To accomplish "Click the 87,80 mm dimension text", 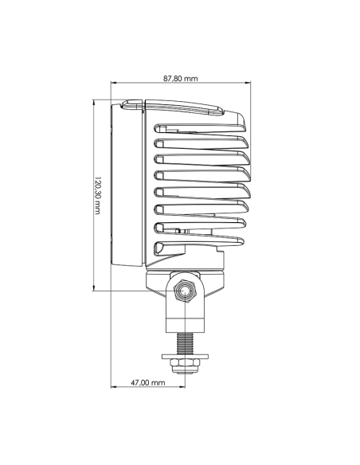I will pyautogui.click(x=181, y=79).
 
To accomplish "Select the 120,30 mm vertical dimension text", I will pyautogui.click(x=96, y=195).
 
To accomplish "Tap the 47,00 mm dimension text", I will pyautogui.click(x=147, y=383).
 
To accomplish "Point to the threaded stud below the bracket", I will pyautogui.click(x=186, y=342).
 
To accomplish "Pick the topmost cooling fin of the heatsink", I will pyautogui.click(x=199, y=128).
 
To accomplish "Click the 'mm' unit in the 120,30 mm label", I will pyautogui.click(x=96, y=209).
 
